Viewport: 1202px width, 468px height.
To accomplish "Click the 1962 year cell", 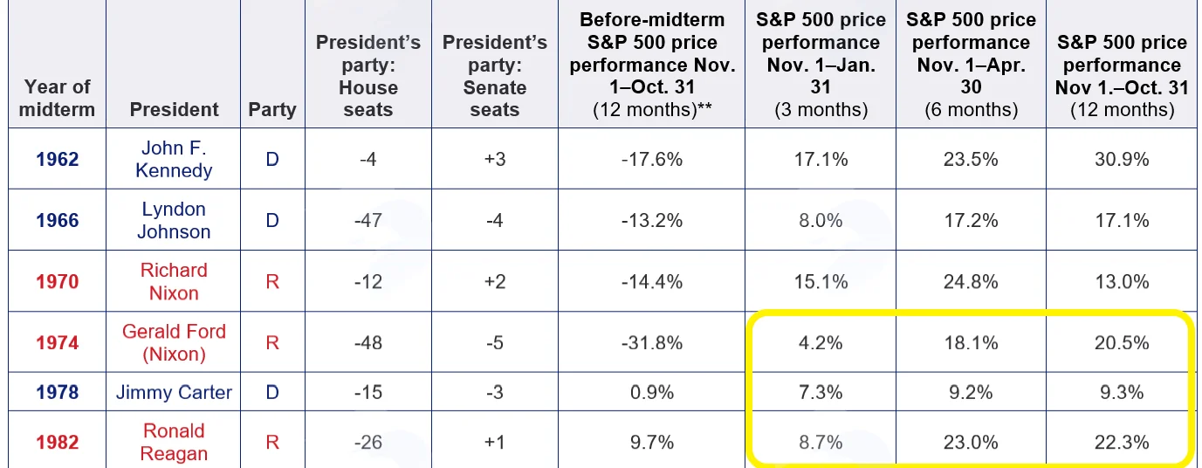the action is (x=58, y=160).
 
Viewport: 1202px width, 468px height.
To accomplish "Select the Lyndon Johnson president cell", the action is (x=174, y=220).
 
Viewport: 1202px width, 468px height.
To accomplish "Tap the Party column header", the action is (x=272, y=109).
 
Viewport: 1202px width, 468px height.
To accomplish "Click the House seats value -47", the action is (x=368, y=220).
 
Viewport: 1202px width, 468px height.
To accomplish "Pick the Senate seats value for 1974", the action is (x=495, y=342).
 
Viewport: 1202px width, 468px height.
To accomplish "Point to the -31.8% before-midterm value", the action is (x=652, y=342).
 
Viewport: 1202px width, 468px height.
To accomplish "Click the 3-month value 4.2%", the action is (x=821, y=342).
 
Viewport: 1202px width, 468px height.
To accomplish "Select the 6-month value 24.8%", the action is (x=971, y=281).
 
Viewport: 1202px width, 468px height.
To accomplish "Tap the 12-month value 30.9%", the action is (x=1122, y=160).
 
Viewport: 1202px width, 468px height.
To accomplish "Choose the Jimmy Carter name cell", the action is (x=174, y=392).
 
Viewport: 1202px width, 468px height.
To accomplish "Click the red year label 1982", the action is (x=58, y=442).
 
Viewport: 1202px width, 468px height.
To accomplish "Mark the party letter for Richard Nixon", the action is (x=272, y=281).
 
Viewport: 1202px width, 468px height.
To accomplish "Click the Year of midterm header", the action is (x=57, y=98).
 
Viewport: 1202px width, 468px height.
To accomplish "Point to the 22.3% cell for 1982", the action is (x=1122, y=442).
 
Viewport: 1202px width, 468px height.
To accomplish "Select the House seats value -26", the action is (x=368, y=442).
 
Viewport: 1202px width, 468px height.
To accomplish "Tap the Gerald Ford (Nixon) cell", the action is (x=174, y=342).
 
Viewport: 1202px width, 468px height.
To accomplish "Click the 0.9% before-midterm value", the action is (x=652, y=392).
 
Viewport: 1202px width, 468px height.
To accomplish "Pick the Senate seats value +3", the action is (x=495, y=160).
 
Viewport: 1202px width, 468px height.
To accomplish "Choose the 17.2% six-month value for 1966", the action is (x=971, y=220).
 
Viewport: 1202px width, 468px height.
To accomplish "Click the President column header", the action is (x=174, y=109).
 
